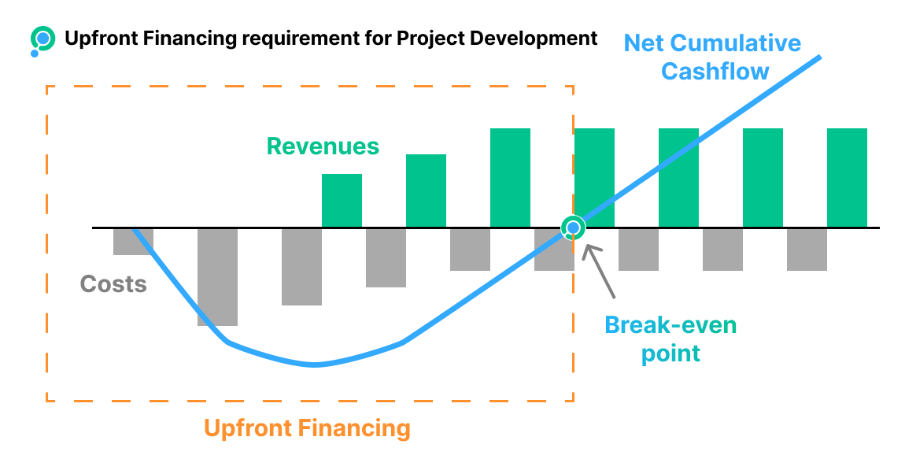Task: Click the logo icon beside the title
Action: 42,39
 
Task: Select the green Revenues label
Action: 323,146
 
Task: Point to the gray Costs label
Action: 113,284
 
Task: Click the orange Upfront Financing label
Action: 307,428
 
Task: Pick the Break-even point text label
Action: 670,339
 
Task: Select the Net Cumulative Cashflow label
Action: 712,57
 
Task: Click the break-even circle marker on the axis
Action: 574,228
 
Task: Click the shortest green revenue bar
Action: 342,201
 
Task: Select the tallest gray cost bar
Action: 217,277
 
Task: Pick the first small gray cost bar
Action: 133,242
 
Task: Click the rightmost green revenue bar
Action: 847,178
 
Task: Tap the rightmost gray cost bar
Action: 807,250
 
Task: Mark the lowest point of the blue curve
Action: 315,365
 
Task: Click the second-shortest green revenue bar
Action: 426,191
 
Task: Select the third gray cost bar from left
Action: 301,267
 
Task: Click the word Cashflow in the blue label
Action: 715,71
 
